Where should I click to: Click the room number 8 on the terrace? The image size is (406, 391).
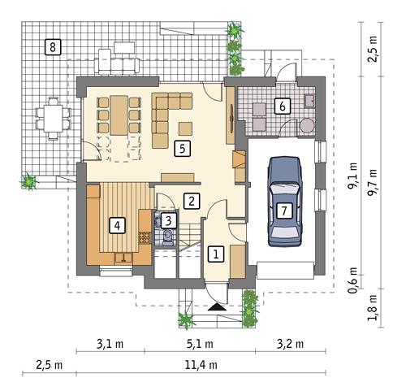(53, 46)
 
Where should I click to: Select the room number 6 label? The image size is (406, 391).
(282, 105)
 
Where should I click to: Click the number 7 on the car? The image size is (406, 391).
(283, 211)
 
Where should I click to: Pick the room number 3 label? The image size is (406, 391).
(166, 219)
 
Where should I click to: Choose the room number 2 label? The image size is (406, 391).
(191, 200)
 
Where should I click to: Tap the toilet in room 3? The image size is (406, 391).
(167, 237)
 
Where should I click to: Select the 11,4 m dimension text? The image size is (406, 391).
(201, 365)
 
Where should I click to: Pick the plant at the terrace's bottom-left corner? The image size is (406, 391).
(30, 181)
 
